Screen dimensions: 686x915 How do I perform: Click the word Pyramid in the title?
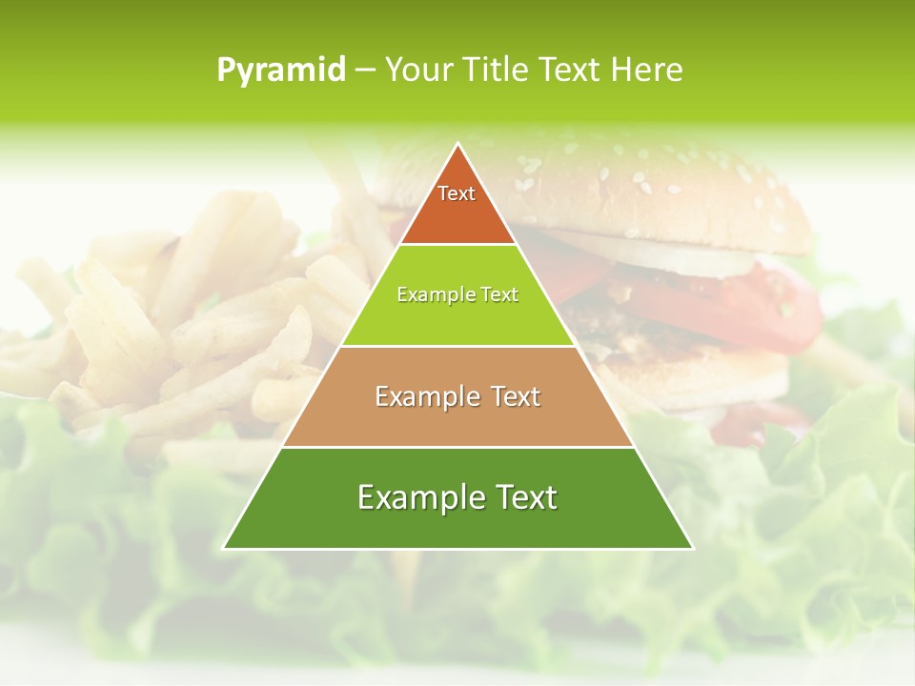tap(280, 71)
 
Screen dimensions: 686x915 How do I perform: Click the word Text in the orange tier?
tap(457, 193)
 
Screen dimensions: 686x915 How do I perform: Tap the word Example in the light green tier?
tap(427, 295)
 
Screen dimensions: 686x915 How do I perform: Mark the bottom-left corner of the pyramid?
tap(225, 547)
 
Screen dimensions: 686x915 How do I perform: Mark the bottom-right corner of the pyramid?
tap(692, 547)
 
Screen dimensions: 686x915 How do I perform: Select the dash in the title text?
tap(364, 71)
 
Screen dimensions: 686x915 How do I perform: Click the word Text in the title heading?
tap(571, 71)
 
